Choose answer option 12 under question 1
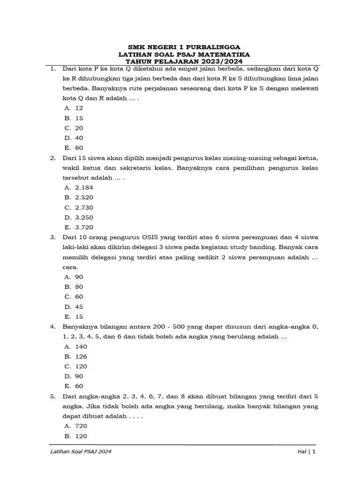(79, 108)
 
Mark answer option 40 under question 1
(79, 138)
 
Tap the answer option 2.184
(84, 187)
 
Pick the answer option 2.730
(84, 207)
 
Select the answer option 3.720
(84, 227)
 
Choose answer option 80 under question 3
(79, 287)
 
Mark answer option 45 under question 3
(79, 307)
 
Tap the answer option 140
(81, 346)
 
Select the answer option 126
(81, 356)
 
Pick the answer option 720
(81, 426)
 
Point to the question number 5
(53, 396)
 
